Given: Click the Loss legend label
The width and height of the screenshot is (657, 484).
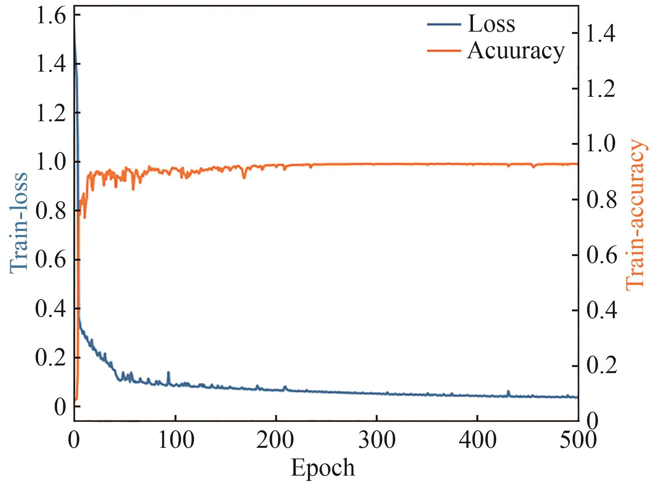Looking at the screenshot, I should [491, 24].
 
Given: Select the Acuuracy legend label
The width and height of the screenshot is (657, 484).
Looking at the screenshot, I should [516, 50].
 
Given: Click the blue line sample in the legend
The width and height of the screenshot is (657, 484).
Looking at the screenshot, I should [444, 24].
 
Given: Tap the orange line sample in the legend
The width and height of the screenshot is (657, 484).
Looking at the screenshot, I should [444, 50].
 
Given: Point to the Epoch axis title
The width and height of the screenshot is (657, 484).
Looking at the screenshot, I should [322, 468].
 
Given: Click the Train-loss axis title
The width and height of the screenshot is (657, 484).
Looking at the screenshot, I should [18, 222].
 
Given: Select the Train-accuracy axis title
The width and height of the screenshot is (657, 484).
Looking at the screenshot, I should [636, 215].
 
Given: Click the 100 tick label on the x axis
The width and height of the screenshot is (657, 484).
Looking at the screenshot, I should [175, 439].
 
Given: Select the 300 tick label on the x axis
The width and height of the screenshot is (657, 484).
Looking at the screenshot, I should [377, 439].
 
